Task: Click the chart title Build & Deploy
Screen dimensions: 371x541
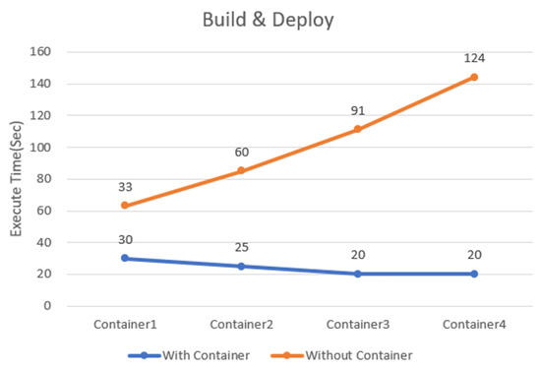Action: coord(270,19)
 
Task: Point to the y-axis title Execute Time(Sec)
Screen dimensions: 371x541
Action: coord(17,179)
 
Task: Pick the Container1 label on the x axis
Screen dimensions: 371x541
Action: coord(125,324)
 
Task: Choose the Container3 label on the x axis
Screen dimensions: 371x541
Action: coord(357,324)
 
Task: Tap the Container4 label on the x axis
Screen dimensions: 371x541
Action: coord(473,324)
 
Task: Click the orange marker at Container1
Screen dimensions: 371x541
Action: coord(125,206)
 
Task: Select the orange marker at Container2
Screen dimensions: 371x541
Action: coord(241,171)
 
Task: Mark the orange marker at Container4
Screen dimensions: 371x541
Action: coord(473,77)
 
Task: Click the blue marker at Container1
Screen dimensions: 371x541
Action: coord(125,258)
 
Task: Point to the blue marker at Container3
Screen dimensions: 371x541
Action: coord(357,274)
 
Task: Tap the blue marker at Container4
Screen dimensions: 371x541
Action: coord(473,274)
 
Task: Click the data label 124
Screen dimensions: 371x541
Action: coord(473,58)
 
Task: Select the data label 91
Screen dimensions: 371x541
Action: coord(357,110)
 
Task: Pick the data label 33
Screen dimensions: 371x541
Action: coord(125,186)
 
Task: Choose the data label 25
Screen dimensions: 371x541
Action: coord(241,247)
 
